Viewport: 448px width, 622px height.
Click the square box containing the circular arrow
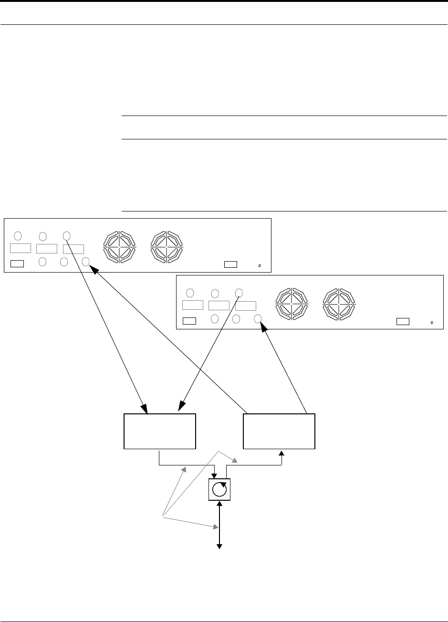(x=219, y=489)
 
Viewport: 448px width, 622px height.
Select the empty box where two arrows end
(x=160, y=432)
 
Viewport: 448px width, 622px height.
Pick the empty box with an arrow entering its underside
(x=279, y=432)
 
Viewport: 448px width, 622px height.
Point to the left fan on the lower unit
(x=292, y=303)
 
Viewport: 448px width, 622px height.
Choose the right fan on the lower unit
(x=339, y=303)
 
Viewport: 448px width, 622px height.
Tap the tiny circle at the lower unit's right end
(x=432, y=322)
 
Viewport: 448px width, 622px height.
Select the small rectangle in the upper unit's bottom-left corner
(x=17, y=263)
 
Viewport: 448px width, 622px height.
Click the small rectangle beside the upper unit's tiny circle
(x=231, y=264)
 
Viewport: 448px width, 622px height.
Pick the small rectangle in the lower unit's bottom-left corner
(x=189, y=320)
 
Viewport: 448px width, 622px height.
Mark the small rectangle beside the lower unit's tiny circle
(x=403, y=321)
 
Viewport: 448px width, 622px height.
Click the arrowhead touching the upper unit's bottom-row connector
(x=94, y=270)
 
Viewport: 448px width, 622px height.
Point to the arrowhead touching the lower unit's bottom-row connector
(x=263, y=328)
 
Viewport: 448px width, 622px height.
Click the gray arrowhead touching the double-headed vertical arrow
(x=216, y=527)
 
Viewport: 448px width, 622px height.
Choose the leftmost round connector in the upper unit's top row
(x=18, y=235)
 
